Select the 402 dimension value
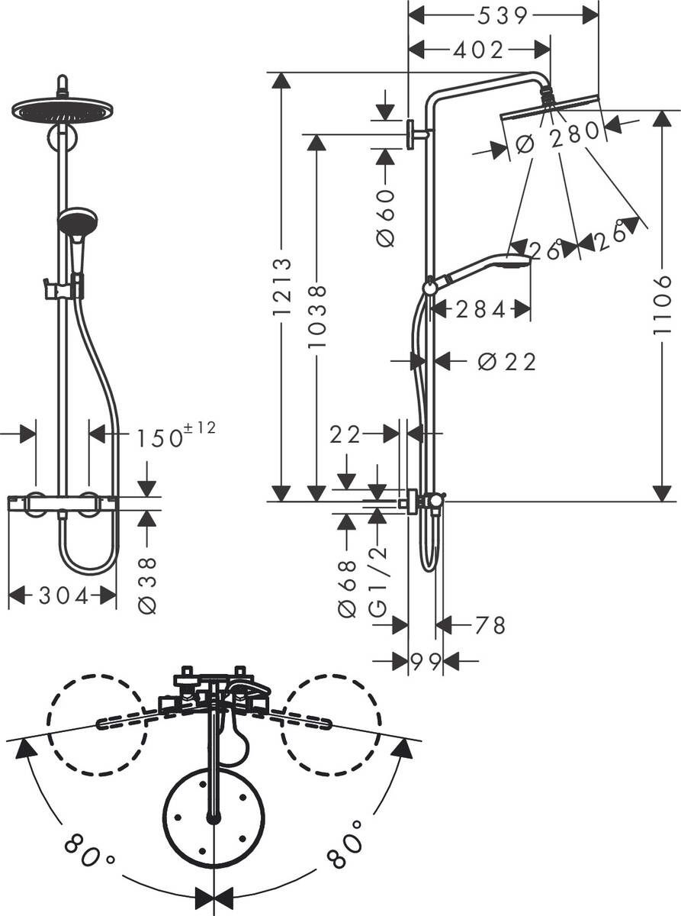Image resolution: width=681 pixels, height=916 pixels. point(478,50)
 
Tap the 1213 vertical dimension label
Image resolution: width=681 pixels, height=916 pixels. point(282,287)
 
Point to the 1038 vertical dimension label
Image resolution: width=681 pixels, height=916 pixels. point(317,316)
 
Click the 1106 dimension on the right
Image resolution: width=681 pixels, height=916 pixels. point(663,305)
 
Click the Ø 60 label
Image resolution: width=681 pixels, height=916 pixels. point(386,218)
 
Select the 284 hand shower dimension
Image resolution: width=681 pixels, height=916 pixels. point(480,310)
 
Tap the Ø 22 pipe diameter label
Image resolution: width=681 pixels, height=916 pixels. point(507,362)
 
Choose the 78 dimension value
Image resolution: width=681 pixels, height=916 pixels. point(490,626)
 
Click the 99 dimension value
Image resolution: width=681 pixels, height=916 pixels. point(425,662)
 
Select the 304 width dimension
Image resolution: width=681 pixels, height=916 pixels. point(63,596)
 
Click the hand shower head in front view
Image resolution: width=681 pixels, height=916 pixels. point(77,221)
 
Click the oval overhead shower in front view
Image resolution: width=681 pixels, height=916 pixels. point(63,111)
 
